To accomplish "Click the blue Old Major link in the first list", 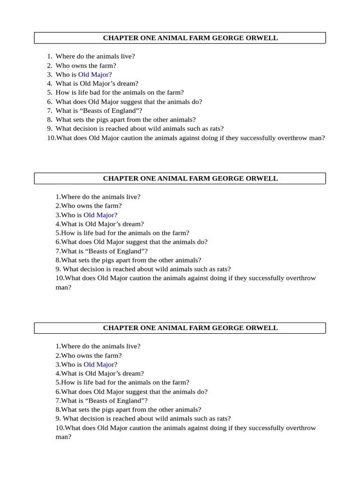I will click(93, 75).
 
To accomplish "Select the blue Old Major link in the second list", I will click(99, 215).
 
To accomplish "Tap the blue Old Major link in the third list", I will click(99, 365).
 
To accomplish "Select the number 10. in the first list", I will click(51, 138).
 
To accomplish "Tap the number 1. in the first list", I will click(50, 56).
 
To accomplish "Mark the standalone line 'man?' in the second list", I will click(63, 287).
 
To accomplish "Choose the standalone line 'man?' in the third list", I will click(63, 437).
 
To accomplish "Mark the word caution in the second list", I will click(133, 278).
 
